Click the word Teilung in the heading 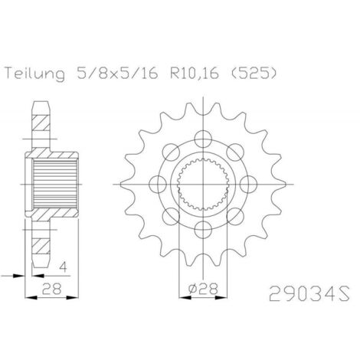[x=35, y=74]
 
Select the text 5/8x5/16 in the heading [x=117, y=74]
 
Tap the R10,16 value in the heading [x=195, y=74]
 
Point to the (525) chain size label [x=254, y=74]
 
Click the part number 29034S [x=309, y=293]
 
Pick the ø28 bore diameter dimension [x=203, y=289]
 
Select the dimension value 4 [x=63, y=267]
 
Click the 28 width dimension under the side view [x=52, y=289]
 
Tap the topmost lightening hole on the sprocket [x=203, y=139]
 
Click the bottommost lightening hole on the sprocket [x=203, y=230]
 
